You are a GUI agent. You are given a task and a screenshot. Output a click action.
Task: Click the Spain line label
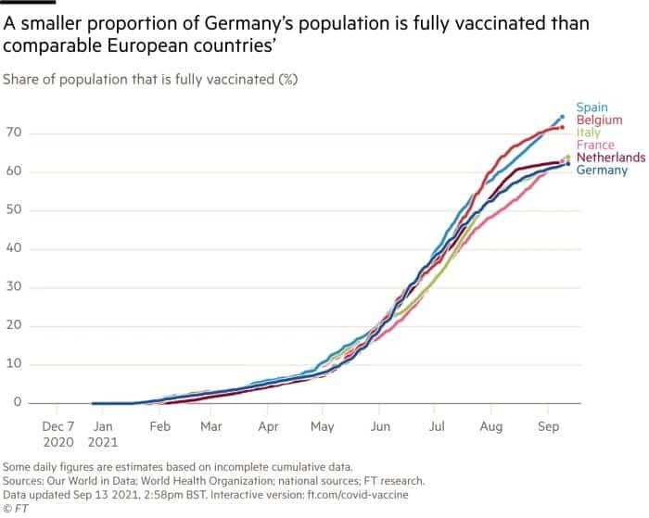tap(592, 108)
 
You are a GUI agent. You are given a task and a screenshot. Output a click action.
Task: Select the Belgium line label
tap(598, 120)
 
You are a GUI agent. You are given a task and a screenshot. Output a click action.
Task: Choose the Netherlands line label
tap(610, 158)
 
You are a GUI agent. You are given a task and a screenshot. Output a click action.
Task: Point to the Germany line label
tap(602, 170)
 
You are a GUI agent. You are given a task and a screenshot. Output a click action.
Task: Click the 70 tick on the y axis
tap(13, 134)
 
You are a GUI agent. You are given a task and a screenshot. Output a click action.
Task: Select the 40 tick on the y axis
tap(13, 249)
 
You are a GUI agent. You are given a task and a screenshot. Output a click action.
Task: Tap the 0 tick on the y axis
tap(17, 402)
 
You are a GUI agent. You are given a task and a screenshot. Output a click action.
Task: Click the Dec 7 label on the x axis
tap(58, 426)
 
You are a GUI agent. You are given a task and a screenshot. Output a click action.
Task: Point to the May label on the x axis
tap(322, 426)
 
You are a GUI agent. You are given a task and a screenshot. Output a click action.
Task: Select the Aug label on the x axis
tap(490, 426)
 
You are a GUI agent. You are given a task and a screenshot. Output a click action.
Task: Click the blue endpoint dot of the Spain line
tap(562, 117)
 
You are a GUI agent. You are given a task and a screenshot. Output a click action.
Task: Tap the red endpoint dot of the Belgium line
tap(562, 128)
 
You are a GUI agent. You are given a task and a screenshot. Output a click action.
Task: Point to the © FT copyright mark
tap(17, 508)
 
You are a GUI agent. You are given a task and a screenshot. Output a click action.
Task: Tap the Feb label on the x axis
tap(159, 426)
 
